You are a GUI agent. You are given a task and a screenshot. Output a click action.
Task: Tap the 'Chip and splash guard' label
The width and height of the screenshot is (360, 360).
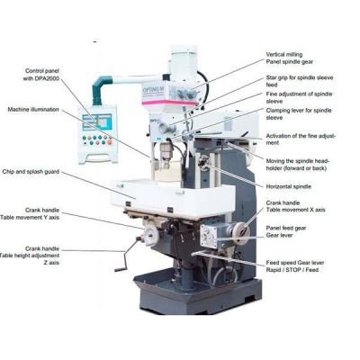[x=32, y=170]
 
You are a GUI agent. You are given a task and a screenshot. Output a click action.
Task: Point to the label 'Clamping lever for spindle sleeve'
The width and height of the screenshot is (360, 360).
[x=296, y=113]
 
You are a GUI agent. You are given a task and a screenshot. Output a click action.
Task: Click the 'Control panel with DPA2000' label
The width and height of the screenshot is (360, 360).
[x=49, y=72]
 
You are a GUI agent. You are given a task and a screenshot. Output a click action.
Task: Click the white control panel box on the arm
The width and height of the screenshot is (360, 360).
[x=102, y=136]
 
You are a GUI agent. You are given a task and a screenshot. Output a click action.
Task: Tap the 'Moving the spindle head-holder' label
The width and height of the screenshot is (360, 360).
[x=297, y=162]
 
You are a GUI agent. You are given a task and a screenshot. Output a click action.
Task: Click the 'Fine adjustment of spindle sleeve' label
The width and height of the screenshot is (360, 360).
[x=298, y=97]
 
